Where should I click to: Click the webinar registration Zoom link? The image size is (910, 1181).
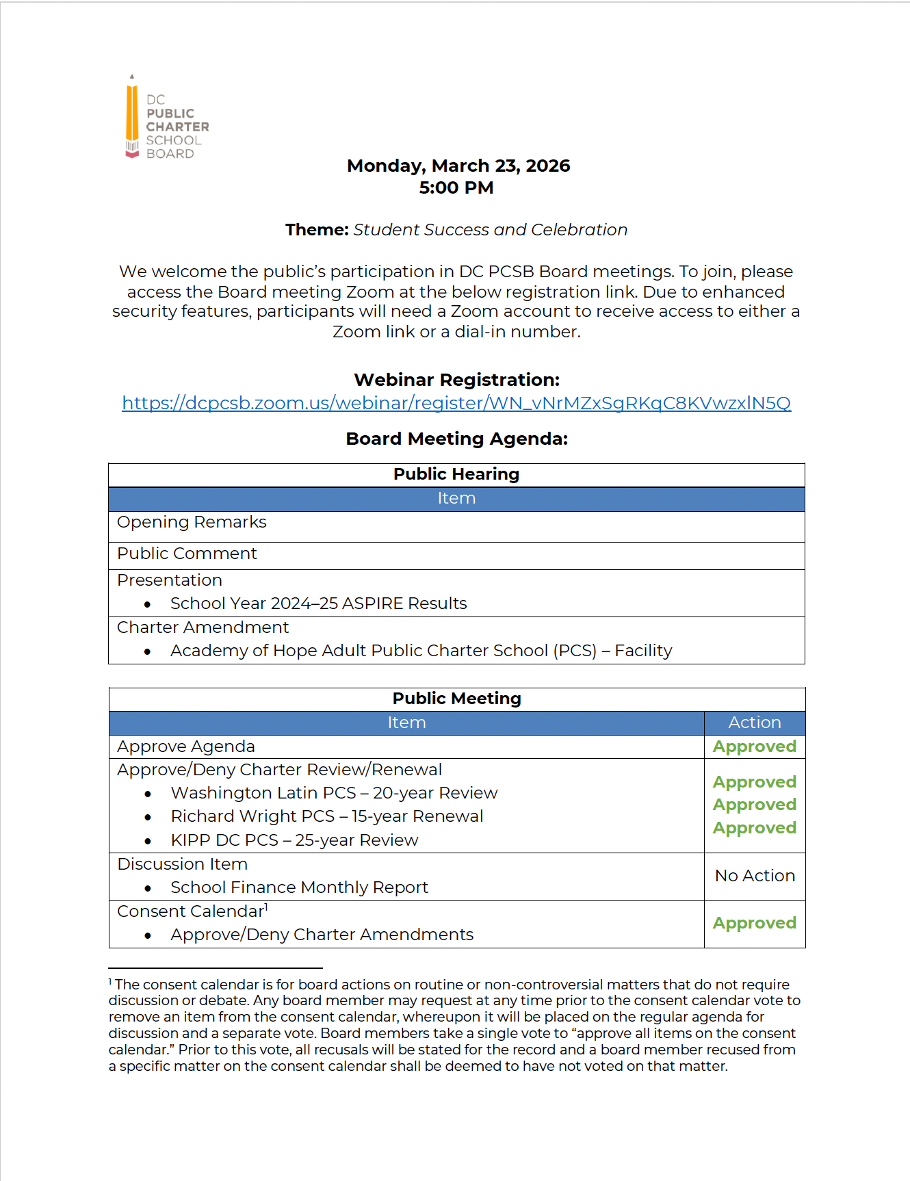(456, 403)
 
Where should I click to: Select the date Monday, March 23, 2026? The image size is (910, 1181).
(458, 166)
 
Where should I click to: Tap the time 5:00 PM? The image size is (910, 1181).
(456, 187)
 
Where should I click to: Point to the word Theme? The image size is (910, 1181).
(317, 230)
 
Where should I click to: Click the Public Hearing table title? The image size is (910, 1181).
(456, 474)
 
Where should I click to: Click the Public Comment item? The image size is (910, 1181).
(187, 554)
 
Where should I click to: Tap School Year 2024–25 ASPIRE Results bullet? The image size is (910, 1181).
(318, 604)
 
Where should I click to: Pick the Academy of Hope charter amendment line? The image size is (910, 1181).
(421, 651)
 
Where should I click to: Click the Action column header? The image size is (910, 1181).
(754, 723)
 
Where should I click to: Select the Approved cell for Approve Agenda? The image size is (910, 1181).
(754, 747)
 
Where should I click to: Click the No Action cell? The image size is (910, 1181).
(754, 876)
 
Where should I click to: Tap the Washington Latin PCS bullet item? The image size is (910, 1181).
(334, 793)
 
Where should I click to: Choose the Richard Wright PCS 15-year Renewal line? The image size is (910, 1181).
(327, 816)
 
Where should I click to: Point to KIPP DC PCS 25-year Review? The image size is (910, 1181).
(294, 840)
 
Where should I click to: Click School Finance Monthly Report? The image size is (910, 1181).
(299, 887)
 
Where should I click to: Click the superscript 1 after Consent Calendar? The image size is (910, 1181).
(266, 907)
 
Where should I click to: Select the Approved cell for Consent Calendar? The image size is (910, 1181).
(754, 923)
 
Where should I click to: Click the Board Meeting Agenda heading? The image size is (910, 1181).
(456, 439)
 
